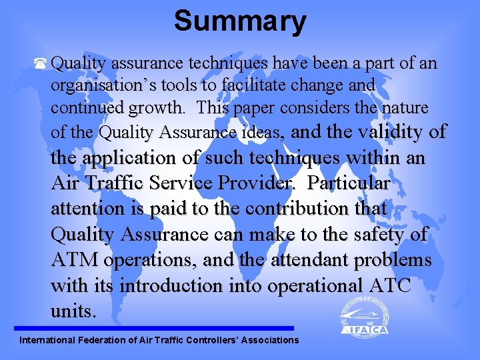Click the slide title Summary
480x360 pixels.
(x=240, y=21)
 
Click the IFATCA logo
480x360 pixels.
(x=363, y=317)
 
